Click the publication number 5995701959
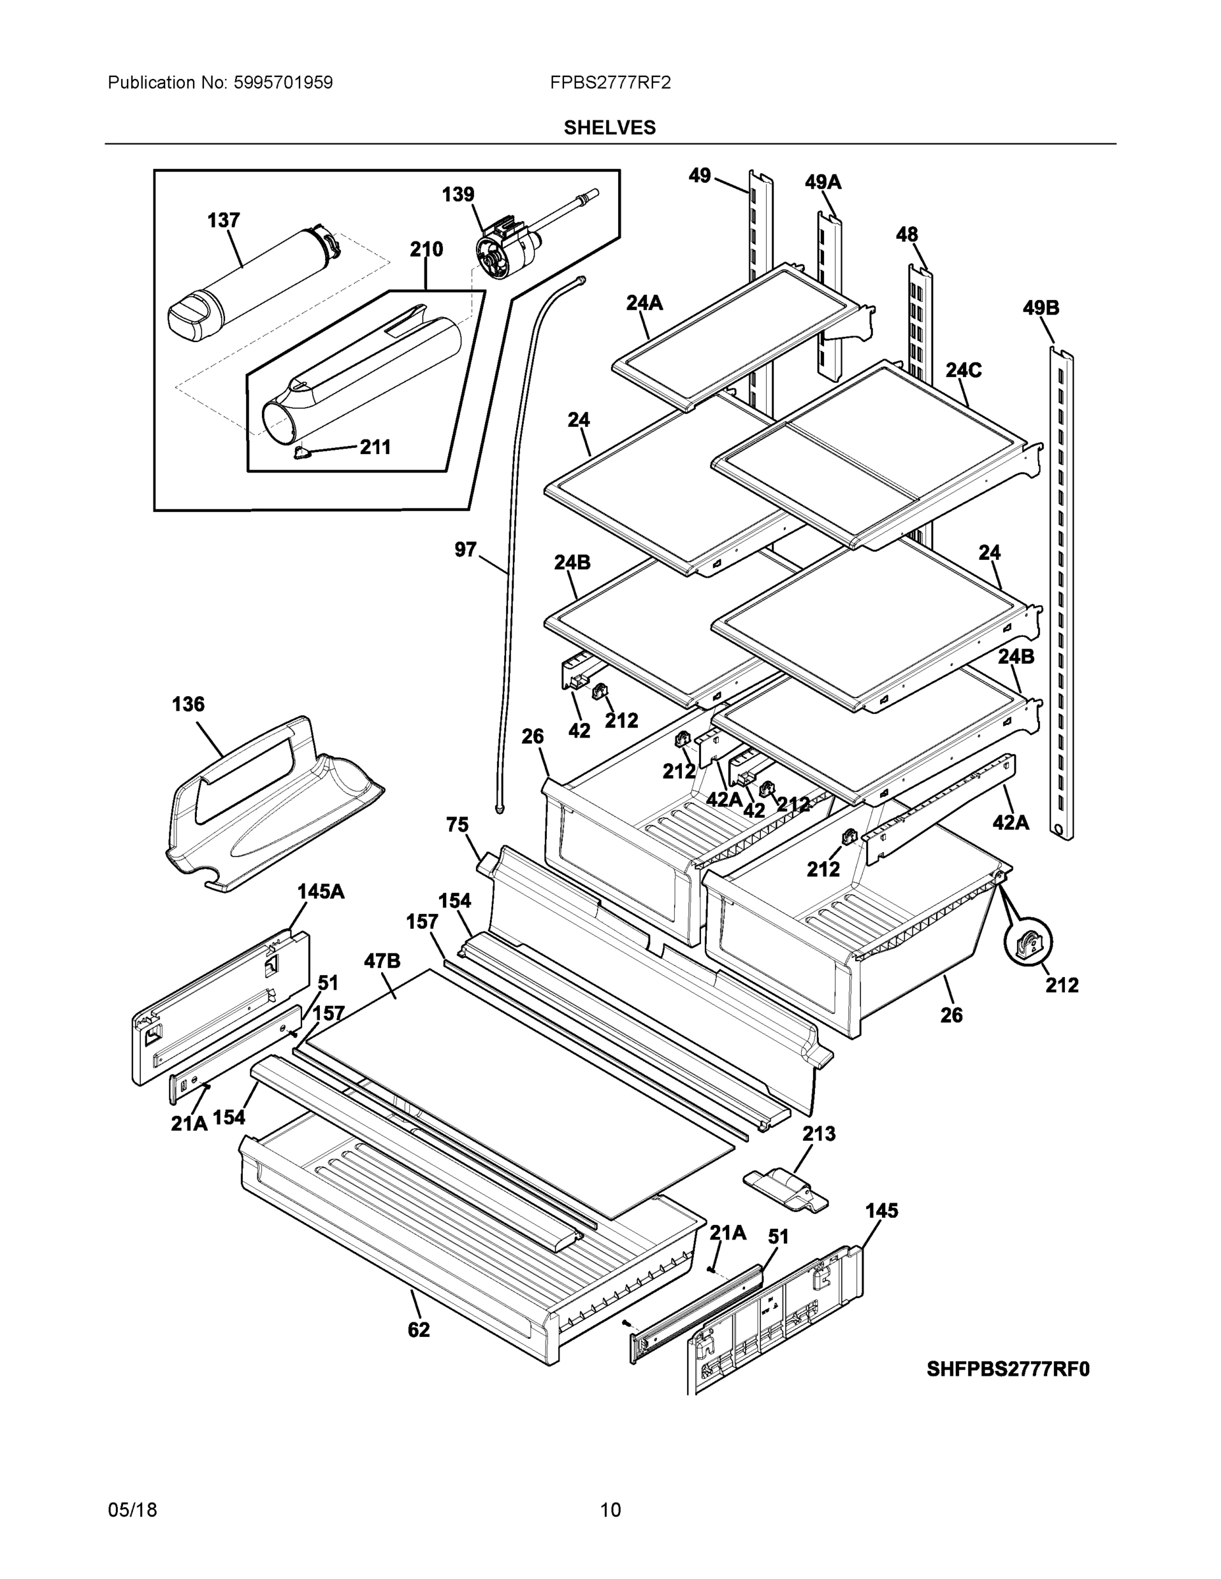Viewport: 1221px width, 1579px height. click(283, 82)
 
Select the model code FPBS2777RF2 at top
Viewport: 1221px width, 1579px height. click(609, 82)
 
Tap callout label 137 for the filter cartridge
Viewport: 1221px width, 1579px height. click(224, 220)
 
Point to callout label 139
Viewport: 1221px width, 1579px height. click(458, 194)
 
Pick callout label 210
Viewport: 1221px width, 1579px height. click(426, 249)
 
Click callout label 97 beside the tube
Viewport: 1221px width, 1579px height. click(465, 549)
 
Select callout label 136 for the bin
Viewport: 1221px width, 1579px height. click(188, 703)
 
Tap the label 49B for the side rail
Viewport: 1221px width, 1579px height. click(1040, 308)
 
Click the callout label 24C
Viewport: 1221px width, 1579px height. click(964, 370)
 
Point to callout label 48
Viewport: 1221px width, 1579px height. click(906, 234)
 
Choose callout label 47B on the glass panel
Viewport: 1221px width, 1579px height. click(381, 961)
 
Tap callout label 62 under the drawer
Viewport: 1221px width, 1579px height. click(418, 1329)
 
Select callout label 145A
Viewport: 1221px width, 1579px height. click(321, 891)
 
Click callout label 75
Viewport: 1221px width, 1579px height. click(457, 824)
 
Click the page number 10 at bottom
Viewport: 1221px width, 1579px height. click(610, 1510)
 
